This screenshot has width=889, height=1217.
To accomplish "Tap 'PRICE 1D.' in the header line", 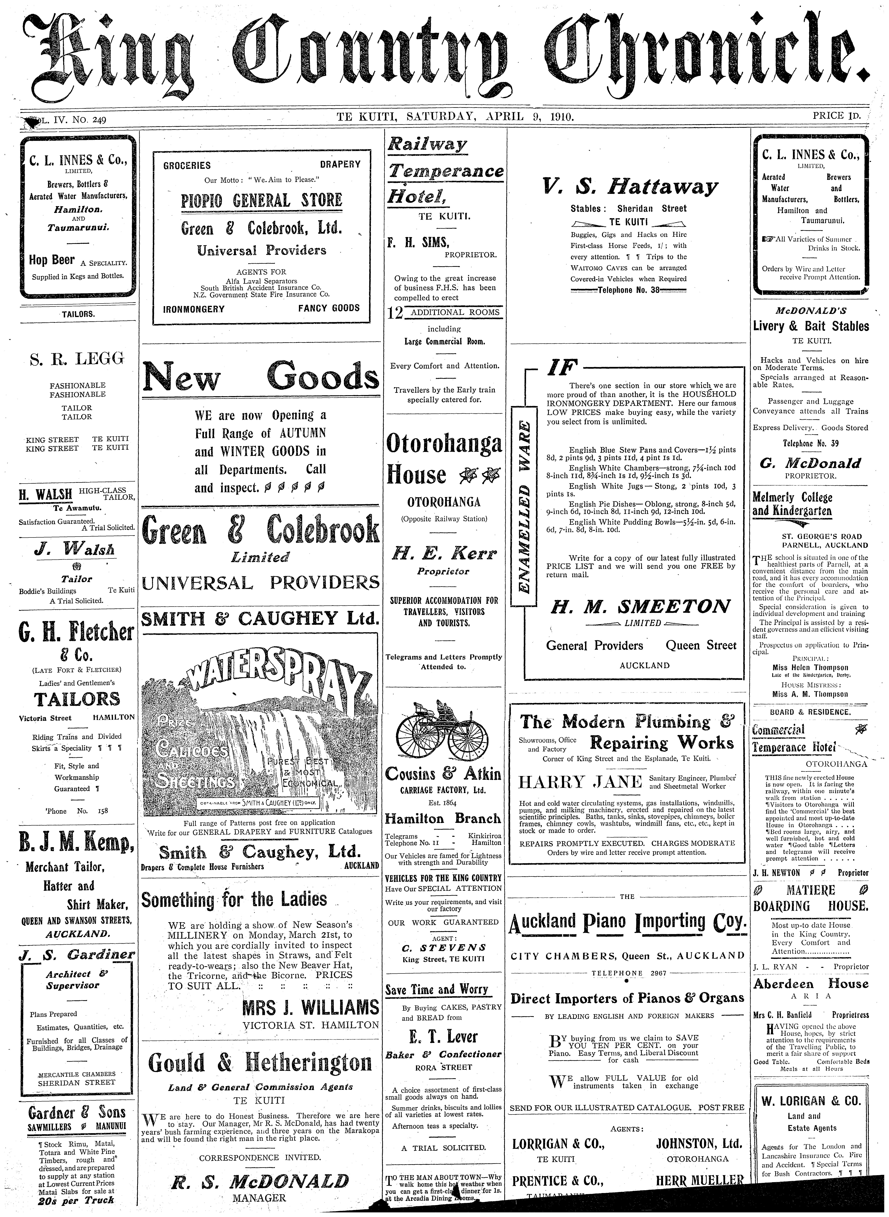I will coord(837,116).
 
